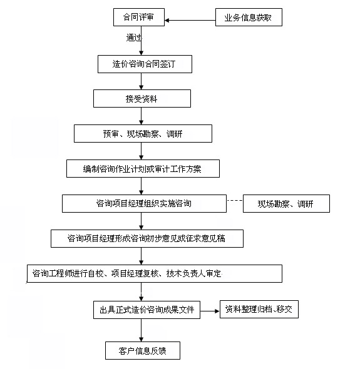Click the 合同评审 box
139,17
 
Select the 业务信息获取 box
249,17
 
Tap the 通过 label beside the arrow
133,38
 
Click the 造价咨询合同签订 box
145,64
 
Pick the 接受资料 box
142,99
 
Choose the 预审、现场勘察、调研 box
143,133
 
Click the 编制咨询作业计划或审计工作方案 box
143,168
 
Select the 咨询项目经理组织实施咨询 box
144,203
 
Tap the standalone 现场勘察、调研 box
286,203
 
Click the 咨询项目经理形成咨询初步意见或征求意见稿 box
147,239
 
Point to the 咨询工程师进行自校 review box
155,273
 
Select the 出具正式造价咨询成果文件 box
147,310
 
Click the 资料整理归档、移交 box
259,309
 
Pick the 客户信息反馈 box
143,351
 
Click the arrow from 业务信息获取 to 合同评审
190,21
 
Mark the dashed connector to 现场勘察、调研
235,201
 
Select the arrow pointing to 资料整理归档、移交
210,311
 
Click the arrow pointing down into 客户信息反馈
141,330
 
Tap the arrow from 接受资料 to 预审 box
141,116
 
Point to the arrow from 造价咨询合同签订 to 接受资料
141,81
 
